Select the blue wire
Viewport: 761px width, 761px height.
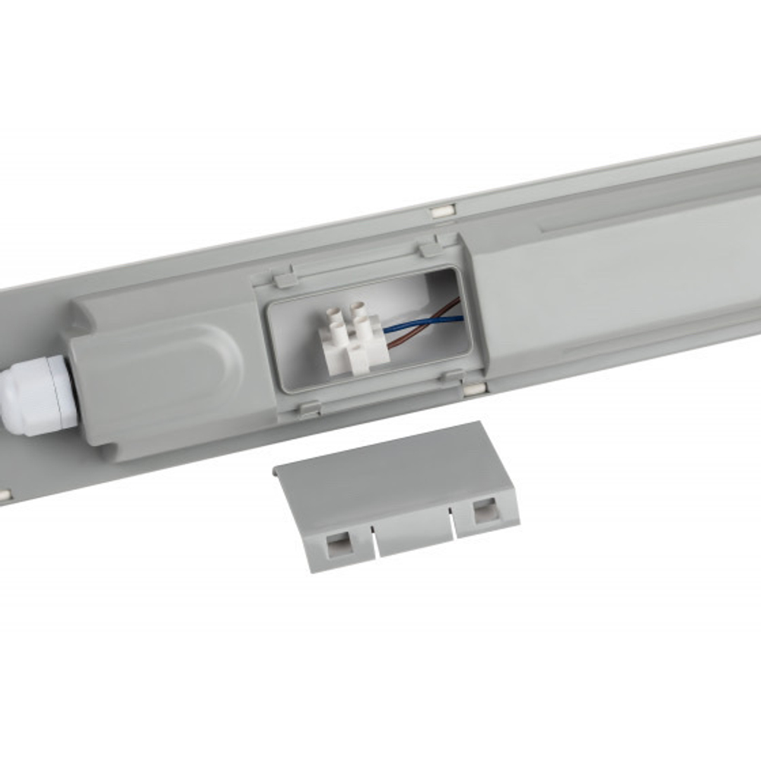pyautogui.click(x=426, y=322)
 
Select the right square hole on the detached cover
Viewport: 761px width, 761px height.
pyautogui.click(x=484, y=510)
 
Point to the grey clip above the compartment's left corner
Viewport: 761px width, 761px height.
pyautogui.click(x=286, y=280)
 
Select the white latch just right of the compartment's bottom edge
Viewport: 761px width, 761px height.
pyautogui.click(x=473, y=389)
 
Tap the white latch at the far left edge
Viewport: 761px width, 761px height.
pyautogui.click(x=4, y=495)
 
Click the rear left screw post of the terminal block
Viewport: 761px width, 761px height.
pyautogui.click(x=333, y=314)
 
